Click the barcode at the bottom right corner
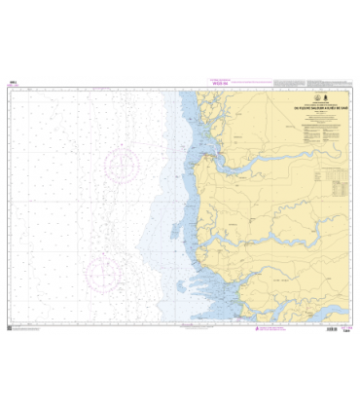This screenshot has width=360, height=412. (332, 330)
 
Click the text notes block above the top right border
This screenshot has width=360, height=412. (310, 82)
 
